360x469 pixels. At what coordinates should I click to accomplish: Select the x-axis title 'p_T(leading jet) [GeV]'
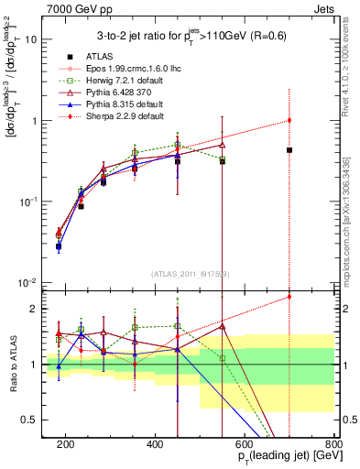click(276, 455)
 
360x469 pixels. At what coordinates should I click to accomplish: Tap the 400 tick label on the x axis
click(155, 442)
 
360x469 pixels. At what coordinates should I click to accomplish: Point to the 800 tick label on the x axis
click(333, 442)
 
